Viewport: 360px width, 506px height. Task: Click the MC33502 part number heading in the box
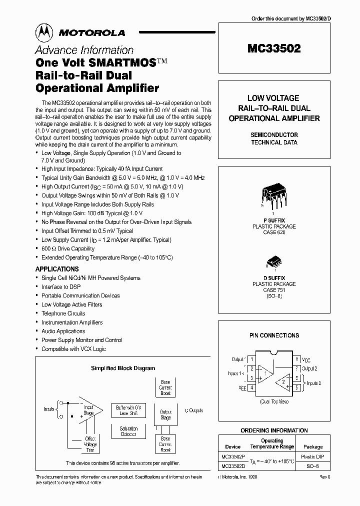click(274, 49)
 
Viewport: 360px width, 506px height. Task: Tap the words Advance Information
click(84, 50)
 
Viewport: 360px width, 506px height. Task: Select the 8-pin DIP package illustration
click(273, 195)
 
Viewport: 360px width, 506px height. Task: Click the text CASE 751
click(273, 290)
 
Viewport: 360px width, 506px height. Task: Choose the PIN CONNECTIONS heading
click(273, 335)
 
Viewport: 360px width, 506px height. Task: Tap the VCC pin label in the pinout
click(306, 359)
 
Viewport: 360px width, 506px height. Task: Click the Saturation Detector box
click(128, 431)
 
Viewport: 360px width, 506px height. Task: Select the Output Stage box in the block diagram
click(165, 414)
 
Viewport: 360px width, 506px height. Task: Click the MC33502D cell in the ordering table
click(233, 466)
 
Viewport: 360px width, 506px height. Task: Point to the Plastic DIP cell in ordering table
click(313, 457)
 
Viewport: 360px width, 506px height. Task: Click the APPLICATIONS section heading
click(57, 269)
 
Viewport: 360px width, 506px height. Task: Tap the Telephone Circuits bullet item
click(63, 313)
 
